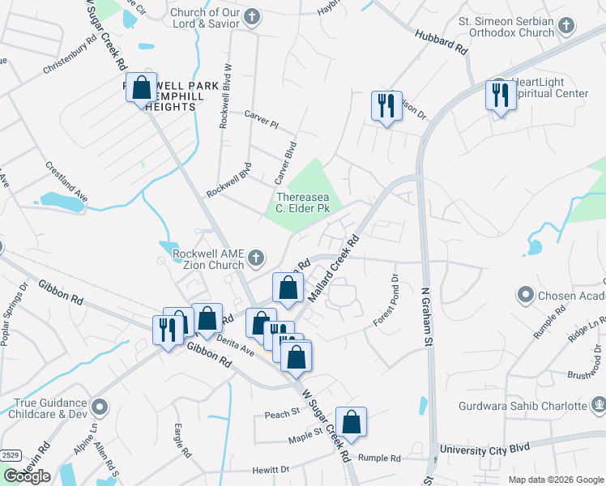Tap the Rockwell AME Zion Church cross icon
point(256,258)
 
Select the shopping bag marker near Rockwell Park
point(141,87)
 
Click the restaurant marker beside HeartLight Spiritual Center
point(499,95)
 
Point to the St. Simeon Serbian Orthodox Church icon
point(565,26)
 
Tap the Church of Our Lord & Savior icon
point(253,16)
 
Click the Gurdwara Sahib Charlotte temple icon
point(598,405)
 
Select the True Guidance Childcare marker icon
point(100,404)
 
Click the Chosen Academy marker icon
point(525,295)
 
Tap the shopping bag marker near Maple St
point(351,422)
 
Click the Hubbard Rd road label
point(442,42)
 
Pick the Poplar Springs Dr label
point(14,314)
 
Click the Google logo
point(27,476)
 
